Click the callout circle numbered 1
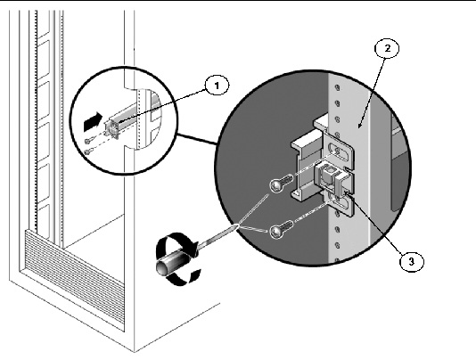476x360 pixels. (217, 86)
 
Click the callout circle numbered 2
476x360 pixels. (387, 48)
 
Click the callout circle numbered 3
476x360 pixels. (411, 261)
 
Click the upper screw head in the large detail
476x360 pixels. (276, 185)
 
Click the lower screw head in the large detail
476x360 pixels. (276, 232)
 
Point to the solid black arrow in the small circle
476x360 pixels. (93, 121)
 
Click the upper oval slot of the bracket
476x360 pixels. (339, 151)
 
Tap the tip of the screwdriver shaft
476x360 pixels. (237, 225)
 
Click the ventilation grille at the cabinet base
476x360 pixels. (74, 280)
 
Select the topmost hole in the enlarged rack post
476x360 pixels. (337, 88)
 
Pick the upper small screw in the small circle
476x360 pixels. (87, 141)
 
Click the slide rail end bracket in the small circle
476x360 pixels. (111, 128)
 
